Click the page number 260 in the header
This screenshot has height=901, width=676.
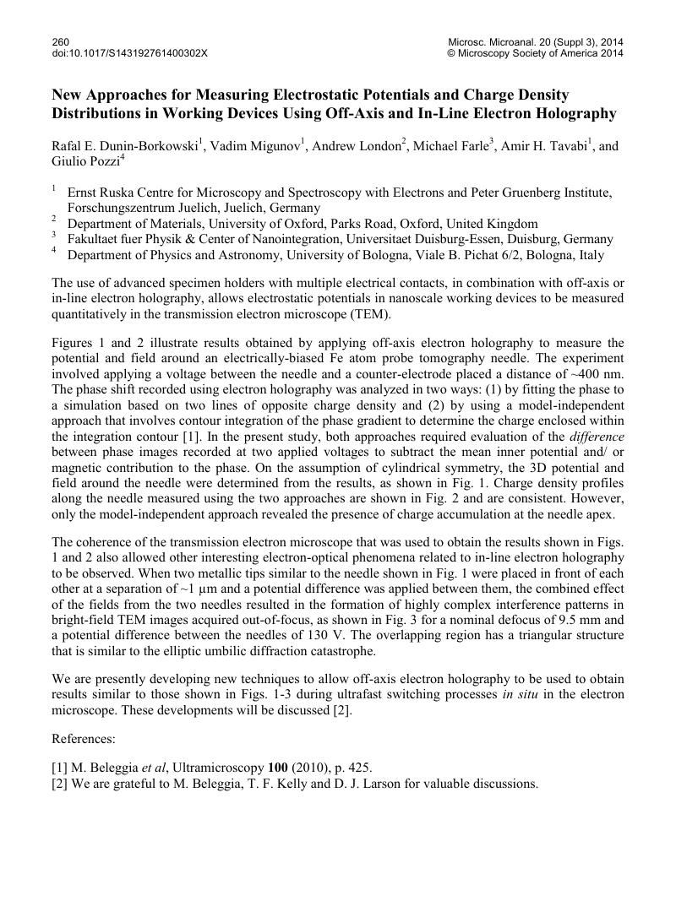(61, 41)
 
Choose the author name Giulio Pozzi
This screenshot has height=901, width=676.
(86, 161)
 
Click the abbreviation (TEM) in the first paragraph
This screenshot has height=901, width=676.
(374, 315)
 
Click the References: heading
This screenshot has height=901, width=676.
(84, 739)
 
